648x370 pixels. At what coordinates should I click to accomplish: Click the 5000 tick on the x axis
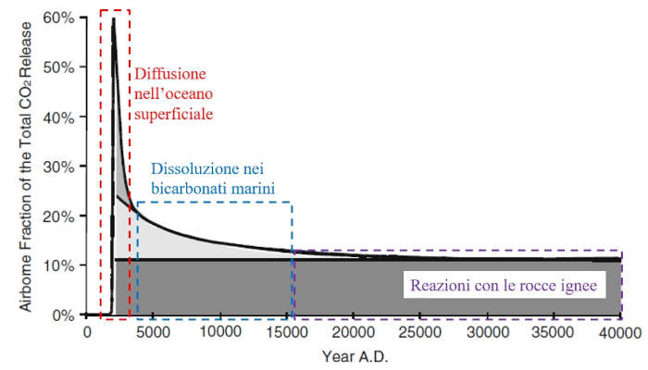154,332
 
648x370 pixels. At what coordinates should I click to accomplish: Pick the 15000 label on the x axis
287,332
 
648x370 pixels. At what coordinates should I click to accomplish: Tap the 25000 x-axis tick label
420,332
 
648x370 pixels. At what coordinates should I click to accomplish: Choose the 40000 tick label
620,332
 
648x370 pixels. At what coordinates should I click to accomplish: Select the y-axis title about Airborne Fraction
16,166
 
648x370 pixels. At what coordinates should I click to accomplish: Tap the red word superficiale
174,114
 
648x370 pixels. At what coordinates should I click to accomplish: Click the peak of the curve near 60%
113,18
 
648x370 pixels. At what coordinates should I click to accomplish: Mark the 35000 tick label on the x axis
554,332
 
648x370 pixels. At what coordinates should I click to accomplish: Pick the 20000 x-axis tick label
354,332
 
